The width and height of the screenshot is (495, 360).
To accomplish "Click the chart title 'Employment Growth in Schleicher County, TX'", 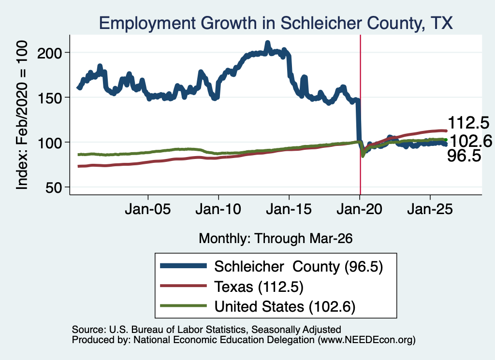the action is pos(276,23).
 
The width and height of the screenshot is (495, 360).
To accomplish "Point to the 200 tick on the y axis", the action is pos(50,53).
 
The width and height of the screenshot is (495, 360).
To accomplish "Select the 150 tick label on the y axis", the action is pos(50,98).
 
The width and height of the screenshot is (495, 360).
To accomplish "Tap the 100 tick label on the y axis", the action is pos(50,143).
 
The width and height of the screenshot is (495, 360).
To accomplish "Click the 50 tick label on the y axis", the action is pos(54,187).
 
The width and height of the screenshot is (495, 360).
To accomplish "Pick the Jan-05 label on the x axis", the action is pos(148,209).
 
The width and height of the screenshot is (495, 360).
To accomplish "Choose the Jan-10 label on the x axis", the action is pos(218,209).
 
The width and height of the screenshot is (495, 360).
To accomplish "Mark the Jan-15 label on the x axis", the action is pos(289,209).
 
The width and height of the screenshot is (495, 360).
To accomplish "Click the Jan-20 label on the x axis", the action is pos(359,209).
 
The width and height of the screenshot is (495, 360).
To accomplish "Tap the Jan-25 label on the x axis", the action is pos(430,209).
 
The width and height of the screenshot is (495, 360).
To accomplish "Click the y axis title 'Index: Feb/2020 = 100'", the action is pos(22,115).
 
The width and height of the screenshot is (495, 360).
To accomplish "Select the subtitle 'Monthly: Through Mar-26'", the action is pos(276,239).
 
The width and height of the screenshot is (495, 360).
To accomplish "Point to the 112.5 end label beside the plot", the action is pos(468,122).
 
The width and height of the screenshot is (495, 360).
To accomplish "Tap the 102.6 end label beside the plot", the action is pos(471,141).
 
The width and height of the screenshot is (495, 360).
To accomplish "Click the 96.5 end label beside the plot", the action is pos(464,156).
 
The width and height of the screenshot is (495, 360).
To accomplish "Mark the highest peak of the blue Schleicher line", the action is pos(268,43).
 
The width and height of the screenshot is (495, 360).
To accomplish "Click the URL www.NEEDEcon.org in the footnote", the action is pos(366,340).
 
